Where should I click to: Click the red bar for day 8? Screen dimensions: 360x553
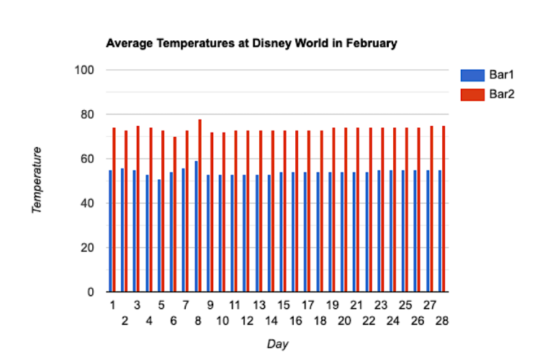[199, 205]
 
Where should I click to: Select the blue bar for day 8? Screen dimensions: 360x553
[196, 226]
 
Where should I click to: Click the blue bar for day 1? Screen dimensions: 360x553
[110, 230]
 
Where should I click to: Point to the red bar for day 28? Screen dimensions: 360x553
[444, 209]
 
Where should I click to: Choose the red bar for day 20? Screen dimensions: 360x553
[346, 210]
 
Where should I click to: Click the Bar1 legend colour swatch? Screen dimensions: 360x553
[472, 75]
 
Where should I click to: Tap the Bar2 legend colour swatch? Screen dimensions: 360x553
[472, 94]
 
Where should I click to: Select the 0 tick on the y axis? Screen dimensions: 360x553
[91, 292]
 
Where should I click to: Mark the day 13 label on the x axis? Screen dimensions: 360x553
[259, 305]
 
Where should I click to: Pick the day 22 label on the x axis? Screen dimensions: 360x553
[369, 320]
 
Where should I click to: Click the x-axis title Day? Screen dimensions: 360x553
[277, 344]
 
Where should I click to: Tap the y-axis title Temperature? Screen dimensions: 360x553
[36, 180]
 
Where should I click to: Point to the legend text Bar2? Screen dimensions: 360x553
[502, 94]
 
